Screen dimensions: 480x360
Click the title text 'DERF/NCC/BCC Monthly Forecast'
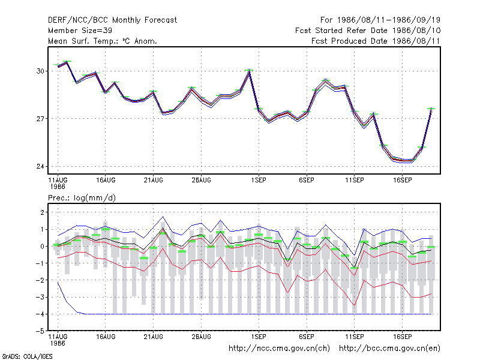[x=112, y=20]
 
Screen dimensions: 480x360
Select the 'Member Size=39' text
[x=80, y=31]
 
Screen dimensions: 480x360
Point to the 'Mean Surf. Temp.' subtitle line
[x=102, y=41]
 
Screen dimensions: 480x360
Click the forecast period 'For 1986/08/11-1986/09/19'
[x=380, y=20]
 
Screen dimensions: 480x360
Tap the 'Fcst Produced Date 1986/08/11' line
[x=376, y=41]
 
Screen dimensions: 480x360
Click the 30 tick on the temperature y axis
[x=40, y=71]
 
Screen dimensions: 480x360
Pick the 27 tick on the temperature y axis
[x=40, y=119]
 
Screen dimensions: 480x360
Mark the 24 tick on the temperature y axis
[x=40, y=167]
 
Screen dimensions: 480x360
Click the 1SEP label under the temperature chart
[x=259, y=181]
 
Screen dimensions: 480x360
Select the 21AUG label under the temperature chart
[x=154, y=181]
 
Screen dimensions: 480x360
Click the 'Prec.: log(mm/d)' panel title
[x=82, y=198]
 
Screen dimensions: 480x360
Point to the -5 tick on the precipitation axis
[x=40, y=331]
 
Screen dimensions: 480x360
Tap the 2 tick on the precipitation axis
[x=42, y=212]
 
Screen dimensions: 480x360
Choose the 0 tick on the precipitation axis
[x=42, y=247]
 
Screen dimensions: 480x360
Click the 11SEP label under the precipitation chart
[x=355, y=337]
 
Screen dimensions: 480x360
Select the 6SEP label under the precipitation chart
[x=307, y=337]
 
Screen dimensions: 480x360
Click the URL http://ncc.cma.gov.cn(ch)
[x=279, y=349]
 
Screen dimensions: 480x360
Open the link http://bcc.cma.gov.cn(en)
[x=389, y=349]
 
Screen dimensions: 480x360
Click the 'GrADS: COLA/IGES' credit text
[x=27, y=356]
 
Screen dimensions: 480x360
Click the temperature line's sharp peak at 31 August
[x=250, y=71]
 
